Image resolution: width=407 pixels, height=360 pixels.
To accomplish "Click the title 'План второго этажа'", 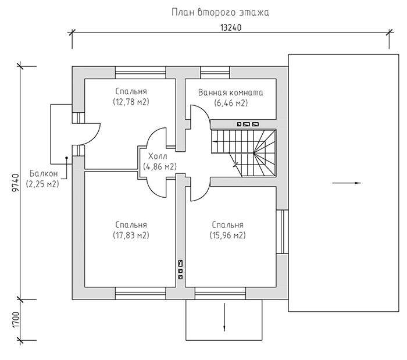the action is pos(220,12).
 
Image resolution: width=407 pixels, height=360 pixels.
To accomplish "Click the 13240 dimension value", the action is pos(231,27).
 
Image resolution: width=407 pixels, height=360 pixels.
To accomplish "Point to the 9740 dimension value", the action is pos(16,183).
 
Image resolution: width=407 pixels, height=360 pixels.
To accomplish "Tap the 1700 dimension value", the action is pos(16,319).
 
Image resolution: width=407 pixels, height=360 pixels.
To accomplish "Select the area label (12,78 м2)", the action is pos(131,102).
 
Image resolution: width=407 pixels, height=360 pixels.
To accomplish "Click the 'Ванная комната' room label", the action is pos(231,92).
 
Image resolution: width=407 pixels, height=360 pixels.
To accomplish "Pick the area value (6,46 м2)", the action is pos(231,103).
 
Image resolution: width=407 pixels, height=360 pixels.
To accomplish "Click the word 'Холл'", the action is pos(158,156).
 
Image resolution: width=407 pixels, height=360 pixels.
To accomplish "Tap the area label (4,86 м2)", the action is pos(160,167).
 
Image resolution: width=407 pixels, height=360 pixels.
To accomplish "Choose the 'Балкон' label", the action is pos(44,173).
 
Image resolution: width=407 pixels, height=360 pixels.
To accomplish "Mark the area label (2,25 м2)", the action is pos(42,184).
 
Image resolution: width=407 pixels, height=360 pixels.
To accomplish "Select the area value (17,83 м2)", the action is pos(131,236).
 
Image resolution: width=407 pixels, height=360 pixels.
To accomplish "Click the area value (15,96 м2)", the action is pos(228,236).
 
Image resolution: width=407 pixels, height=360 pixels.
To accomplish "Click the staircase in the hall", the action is pos(244,152).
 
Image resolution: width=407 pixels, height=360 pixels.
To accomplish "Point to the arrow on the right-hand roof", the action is pos(347,183).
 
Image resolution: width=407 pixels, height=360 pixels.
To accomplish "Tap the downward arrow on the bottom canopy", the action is pos(224,317).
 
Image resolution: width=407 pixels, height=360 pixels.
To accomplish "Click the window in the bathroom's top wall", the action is pos(215,73).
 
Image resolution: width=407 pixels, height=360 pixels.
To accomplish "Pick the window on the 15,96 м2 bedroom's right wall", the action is pos(282,231).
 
